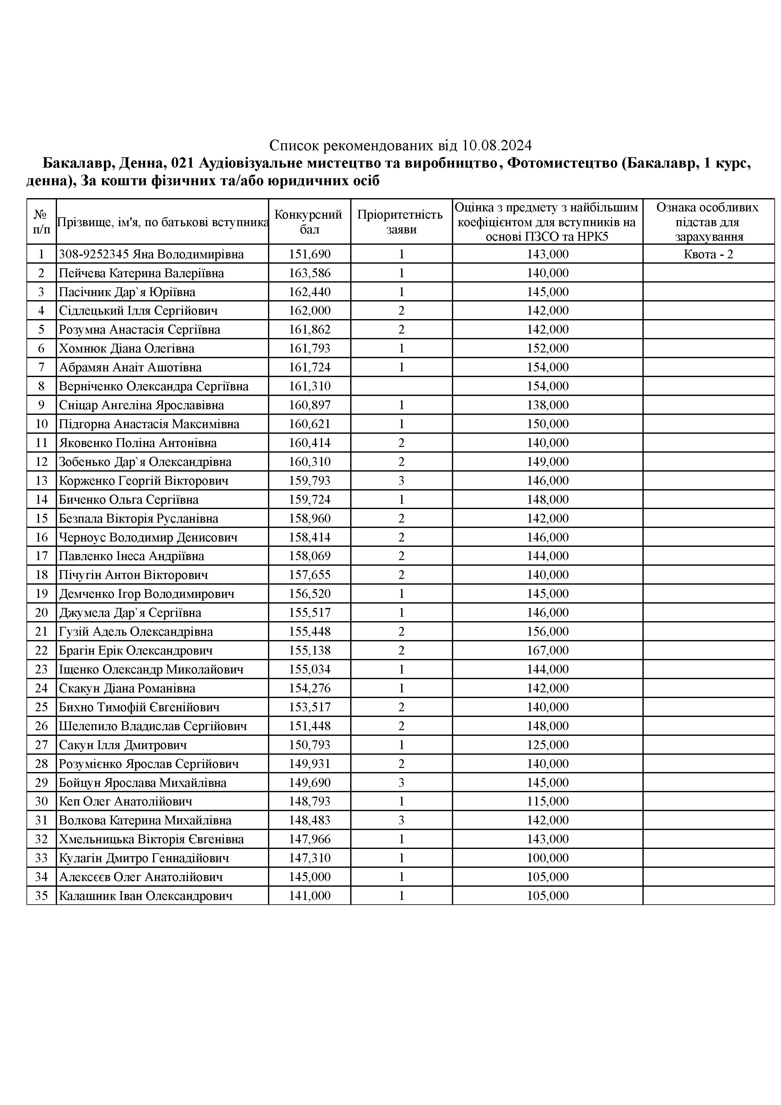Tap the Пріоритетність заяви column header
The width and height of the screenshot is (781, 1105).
(401, 222)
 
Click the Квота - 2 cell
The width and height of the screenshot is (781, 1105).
(708, 254)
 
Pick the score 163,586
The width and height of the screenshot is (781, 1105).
(310, 273)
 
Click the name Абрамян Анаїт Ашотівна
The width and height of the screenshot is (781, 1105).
(130, 368)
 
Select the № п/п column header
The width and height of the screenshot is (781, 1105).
(41, 222)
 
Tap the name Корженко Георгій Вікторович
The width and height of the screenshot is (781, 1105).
(143, 481)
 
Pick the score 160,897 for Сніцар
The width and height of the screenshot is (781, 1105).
(310, 405)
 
